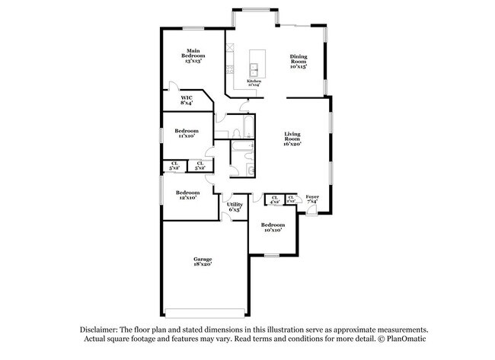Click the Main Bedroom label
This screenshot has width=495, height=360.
click(x=192, y=56)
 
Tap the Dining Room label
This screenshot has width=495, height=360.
click(x=298, y=62)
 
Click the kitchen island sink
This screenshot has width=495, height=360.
click(x=257, y=71)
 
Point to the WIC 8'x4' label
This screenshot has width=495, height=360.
click(x=187, y=100)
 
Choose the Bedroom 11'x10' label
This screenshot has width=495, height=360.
click(x=187, y=132)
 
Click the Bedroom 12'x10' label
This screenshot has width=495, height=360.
click(x=187, y=195)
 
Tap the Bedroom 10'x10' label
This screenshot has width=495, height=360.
click(x=272, y=227)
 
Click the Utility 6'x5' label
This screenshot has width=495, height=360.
click(x=235, y=206)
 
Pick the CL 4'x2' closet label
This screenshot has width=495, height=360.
click(x=274, y=199)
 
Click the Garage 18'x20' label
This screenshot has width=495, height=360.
click(x=202, y=262)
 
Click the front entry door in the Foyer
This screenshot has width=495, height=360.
click(x=312, y=211)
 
